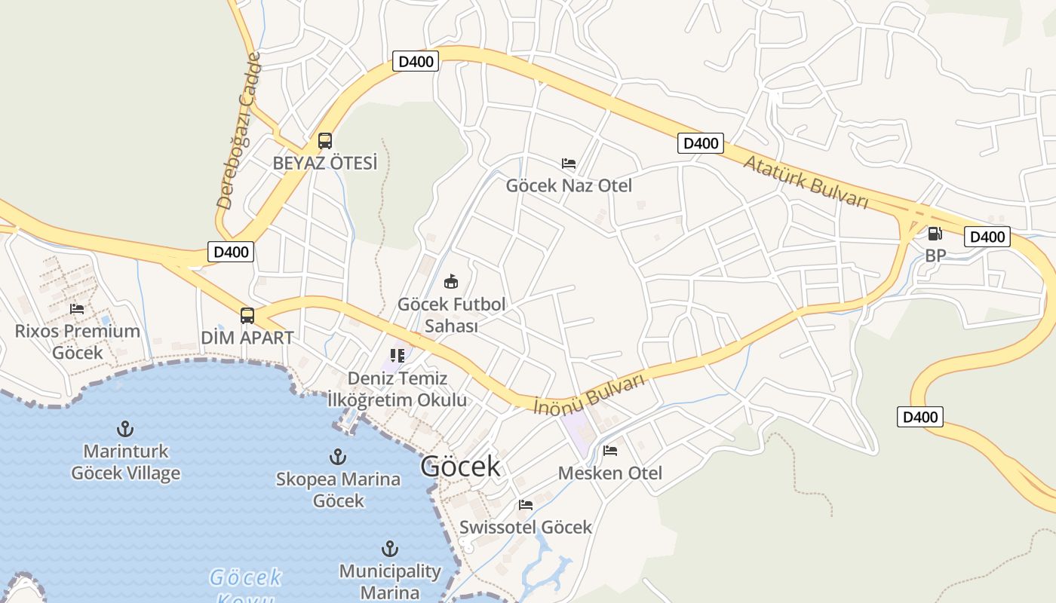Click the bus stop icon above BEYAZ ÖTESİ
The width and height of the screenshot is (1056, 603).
325,140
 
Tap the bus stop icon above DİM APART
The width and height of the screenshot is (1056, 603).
247,316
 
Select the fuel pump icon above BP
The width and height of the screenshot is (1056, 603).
935,234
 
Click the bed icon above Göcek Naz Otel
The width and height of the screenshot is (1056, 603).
569,163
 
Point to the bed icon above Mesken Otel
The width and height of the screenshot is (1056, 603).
610,451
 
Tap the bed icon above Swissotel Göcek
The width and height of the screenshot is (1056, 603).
526,504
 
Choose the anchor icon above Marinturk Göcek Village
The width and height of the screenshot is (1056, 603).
125,429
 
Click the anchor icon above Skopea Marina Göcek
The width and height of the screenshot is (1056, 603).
338,456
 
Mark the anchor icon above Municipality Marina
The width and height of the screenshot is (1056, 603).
390,548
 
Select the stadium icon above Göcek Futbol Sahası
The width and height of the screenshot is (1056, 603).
451,282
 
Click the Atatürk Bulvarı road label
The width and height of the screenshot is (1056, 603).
806,182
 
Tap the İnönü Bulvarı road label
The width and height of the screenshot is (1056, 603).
589,393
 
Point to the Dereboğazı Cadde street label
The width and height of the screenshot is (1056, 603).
238,130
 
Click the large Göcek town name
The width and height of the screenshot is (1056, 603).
460,467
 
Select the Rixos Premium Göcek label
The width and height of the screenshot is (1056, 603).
78,341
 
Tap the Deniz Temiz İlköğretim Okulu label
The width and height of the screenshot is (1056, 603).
398,389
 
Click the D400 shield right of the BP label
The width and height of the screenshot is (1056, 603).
987,237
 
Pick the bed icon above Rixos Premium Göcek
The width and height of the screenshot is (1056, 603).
77,308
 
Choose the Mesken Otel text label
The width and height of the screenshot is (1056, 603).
610,473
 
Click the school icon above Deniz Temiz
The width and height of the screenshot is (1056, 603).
398,355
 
